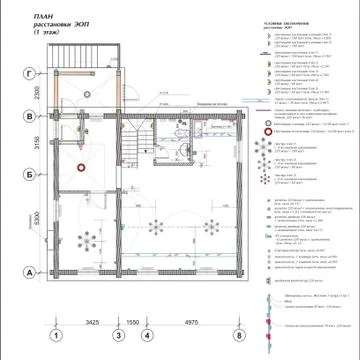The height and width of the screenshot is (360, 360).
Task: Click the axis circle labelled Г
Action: click(31, 73)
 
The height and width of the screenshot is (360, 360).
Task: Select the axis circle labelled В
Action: click(31, 116)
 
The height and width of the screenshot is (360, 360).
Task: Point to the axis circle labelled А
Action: click(31, 271)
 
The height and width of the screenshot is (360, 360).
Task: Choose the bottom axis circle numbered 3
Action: click(118, 336)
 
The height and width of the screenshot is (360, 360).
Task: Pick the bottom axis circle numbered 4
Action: click(147, 336)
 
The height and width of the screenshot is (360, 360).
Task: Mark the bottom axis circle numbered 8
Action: click(238, 336)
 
